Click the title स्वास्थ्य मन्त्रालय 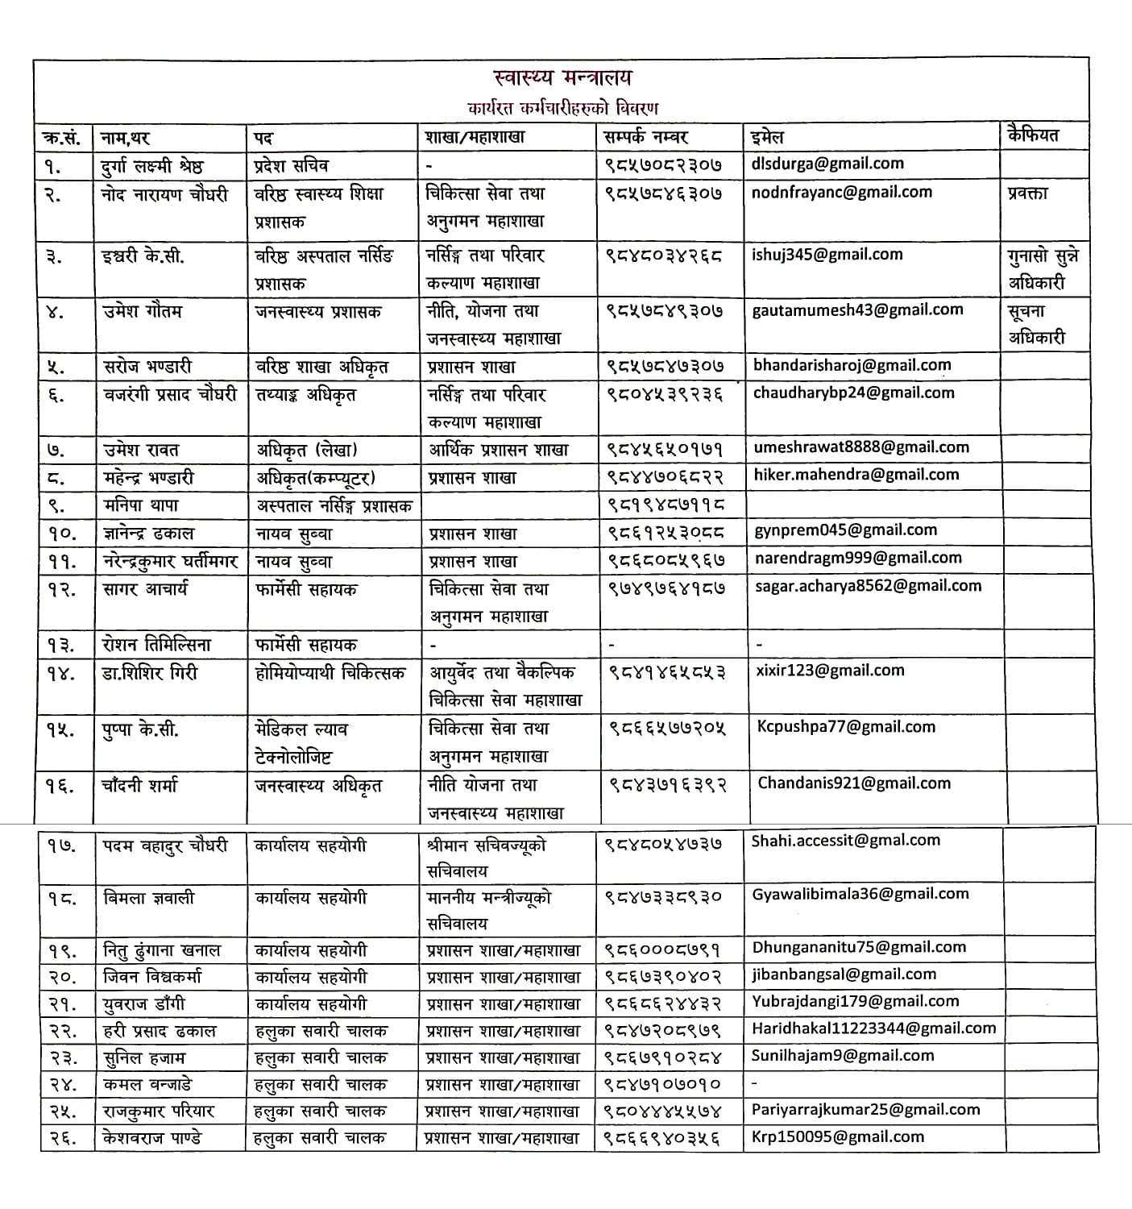point(562,78)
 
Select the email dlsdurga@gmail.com point(827,164)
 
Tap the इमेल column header point(766,136)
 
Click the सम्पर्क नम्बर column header point(645,136)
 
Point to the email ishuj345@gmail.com point(827,255)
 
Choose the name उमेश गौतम point(143,311)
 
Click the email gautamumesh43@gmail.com point(857,310)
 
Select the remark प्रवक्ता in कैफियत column point(1027,193)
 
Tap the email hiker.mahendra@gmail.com point(856,475)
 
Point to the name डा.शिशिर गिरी point(150,672)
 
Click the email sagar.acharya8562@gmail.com point(868,586)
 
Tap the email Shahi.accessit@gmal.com point(845,841)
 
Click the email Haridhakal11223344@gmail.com point(873,1028)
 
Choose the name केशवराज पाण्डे point(152,1137)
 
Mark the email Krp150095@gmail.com point(837,1136)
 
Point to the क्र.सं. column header point(61,137)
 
